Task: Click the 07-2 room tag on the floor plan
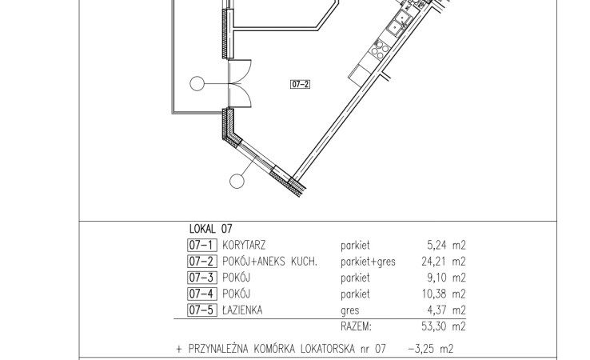click(x=301, y=84)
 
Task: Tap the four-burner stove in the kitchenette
click(x=380, y=50)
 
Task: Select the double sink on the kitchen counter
click(x=399, y=22)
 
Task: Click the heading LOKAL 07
click(x=211, y=229)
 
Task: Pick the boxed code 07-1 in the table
click(x=202, y=245)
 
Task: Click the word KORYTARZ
click(x=244, y=245)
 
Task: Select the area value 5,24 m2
click(x=446, y=245)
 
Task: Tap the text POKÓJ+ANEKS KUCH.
click(x=269, y=262)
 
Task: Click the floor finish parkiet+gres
click(x=368, y=262)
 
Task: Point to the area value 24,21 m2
click(x=444, y=262)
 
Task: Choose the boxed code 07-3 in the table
click(x=202, y=278)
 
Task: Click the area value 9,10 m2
click(x=446, y=278)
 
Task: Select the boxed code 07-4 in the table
click(x=202, y=294)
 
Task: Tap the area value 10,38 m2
click(x=444, y=294)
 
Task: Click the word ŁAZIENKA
click(x=242, y=310)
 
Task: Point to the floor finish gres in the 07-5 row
click(x=350, y=311)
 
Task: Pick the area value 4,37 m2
click(x=446, y=310)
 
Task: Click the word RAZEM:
click(x=356, y=326)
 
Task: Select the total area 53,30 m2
click(x=444, y=326)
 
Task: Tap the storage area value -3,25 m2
click(x=430, y=349)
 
